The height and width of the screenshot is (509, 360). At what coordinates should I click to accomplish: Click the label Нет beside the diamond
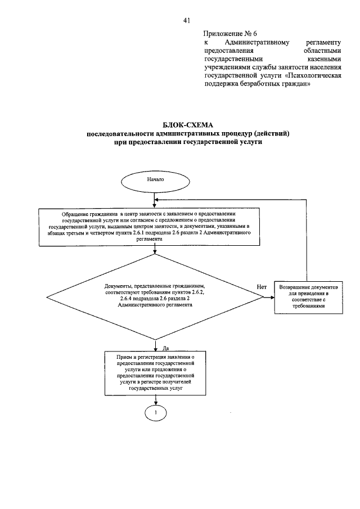[x=262, y=286]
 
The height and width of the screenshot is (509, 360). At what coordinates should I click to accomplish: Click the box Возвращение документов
[x=309, y=297]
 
